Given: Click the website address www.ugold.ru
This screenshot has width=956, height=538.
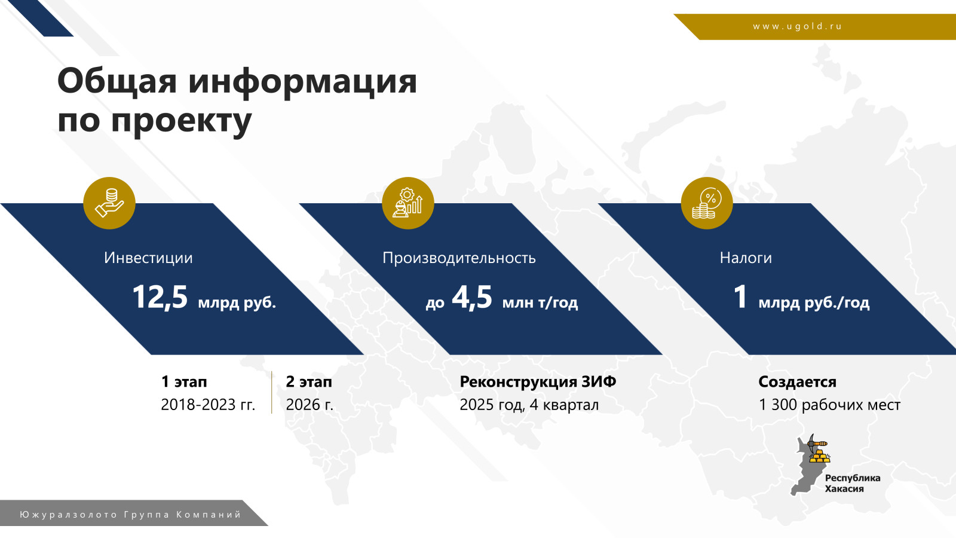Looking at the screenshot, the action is point(797,26).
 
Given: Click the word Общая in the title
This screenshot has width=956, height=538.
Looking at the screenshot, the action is point(117,81).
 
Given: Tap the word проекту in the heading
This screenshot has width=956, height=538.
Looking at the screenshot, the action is point(181,121).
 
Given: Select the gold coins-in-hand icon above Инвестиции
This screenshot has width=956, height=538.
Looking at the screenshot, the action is point(109,203).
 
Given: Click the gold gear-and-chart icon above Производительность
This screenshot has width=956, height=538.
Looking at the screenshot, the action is point(408,203).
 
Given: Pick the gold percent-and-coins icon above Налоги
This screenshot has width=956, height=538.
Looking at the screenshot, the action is point(707,203).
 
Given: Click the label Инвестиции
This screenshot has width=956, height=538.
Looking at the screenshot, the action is point(149,258).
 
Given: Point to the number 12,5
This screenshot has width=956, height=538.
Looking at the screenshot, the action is point(160,297).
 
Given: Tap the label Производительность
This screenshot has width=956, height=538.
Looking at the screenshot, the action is point(459,258).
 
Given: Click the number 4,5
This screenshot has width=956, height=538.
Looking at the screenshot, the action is point(472,297).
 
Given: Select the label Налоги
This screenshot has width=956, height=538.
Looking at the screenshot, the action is point(746,258).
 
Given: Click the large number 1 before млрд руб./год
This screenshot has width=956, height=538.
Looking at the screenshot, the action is point(740,296).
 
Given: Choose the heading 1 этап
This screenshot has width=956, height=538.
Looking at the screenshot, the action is point(184,382).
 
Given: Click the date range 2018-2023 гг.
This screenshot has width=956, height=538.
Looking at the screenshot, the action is point(208,405).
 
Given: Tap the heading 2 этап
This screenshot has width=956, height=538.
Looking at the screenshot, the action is point(309,382).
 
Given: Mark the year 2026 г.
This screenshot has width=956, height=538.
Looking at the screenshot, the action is point(310,405).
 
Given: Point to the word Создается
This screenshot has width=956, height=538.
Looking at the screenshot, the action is point(797,382).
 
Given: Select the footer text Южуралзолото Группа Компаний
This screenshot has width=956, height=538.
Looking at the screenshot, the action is point(131,515).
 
